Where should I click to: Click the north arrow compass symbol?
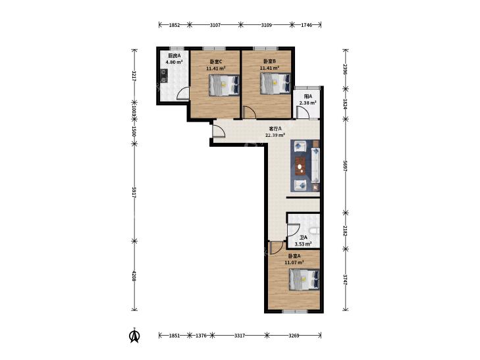coord(134,336)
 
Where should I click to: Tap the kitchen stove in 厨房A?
coord(164,76)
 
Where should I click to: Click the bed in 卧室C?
coord(224,86)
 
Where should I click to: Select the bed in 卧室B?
coord(275,84)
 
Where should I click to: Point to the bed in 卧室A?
coord(305,280)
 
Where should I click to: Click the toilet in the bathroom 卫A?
coord(314,232)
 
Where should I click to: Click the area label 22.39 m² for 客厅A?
coord(275,135)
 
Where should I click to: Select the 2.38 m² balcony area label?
coord(307,103)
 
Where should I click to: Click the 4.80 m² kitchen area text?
coord(174,62)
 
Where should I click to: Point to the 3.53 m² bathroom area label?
coord(303,244)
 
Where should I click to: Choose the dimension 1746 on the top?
coord(306,25)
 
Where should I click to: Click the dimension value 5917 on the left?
coord(134,192)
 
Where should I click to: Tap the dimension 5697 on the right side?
coord(345,165)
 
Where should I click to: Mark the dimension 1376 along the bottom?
coord(201,336)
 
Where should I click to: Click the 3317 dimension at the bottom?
coord(240,336)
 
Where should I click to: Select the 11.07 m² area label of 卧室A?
coord(294,262)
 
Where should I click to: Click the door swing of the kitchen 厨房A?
coord(183,93)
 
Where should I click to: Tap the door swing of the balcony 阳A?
coord(303,112)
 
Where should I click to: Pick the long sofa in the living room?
coord(315,165)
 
